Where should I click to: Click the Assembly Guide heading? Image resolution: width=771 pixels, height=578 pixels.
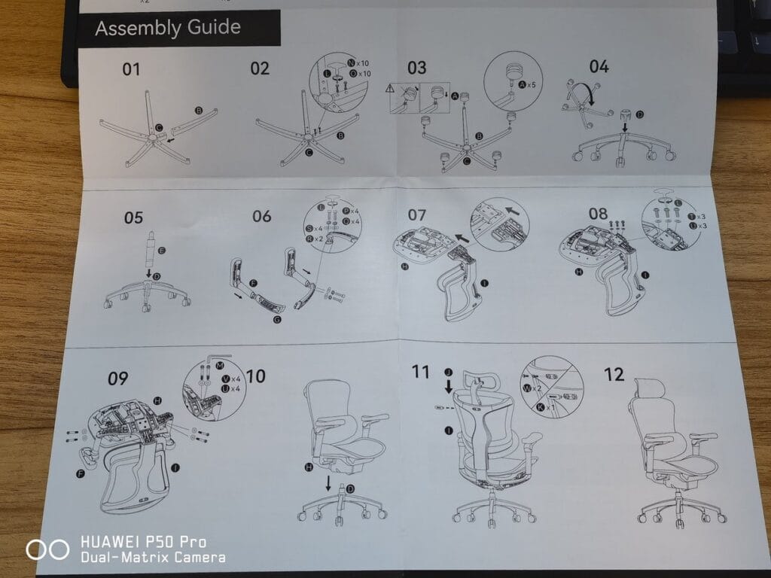168,29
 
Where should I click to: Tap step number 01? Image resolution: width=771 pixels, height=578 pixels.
132,70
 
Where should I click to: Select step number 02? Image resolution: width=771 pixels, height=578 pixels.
260,69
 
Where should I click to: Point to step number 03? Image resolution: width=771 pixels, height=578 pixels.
416,68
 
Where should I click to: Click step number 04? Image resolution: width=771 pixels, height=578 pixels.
599,66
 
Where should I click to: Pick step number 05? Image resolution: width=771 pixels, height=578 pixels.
133,218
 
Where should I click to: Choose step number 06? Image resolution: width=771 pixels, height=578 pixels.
262,217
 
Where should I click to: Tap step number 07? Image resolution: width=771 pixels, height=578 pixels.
417,215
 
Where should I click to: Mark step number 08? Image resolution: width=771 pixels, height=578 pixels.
599,214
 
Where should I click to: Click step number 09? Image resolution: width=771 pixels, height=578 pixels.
117,379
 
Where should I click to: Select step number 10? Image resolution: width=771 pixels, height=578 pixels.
256,376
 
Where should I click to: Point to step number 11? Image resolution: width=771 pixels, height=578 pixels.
421,372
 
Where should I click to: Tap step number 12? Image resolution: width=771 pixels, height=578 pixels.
614,374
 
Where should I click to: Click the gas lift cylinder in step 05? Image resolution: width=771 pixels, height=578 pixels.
150,248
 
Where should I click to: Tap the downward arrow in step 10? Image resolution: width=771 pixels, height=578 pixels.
328,483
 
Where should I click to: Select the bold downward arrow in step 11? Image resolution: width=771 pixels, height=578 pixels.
449,387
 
